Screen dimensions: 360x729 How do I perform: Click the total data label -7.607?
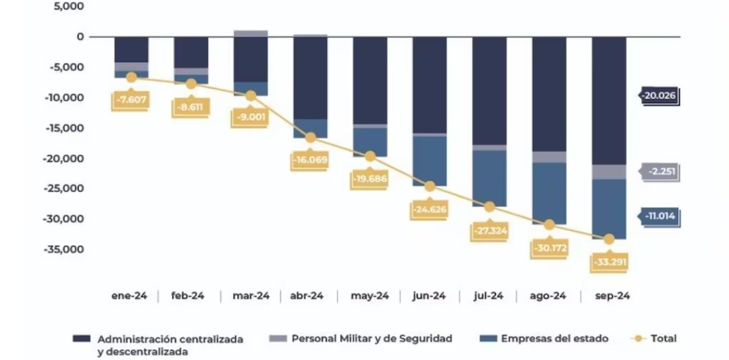[130, 101]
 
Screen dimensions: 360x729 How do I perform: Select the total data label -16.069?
[310, 161]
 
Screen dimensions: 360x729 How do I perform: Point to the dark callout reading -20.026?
[659, 96]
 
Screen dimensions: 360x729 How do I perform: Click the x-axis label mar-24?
[251, 296]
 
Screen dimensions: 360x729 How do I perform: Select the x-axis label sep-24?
[609, 296]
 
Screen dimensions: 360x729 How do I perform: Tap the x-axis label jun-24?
[429, 296]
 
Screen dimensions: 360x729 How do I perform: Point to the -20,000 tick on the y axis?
[65, 158]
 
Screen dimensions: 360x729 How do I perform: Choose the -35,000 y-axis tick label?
[65, 249]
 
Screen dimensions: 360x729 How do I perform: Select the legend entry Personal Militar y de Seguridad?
[372, 338]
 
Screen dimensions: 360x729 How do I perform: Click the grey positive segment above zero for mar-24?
[250, 33]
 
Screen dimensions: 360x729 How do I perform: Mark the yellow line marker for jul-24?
[489, 207]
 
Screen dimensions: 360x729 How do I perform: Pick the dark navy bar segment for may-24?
[370, 80]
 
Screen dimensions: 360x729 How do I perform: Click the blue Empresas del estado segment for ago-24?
[549, 192]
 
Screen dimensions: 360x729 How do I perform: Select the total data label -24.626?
[429, 209]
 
